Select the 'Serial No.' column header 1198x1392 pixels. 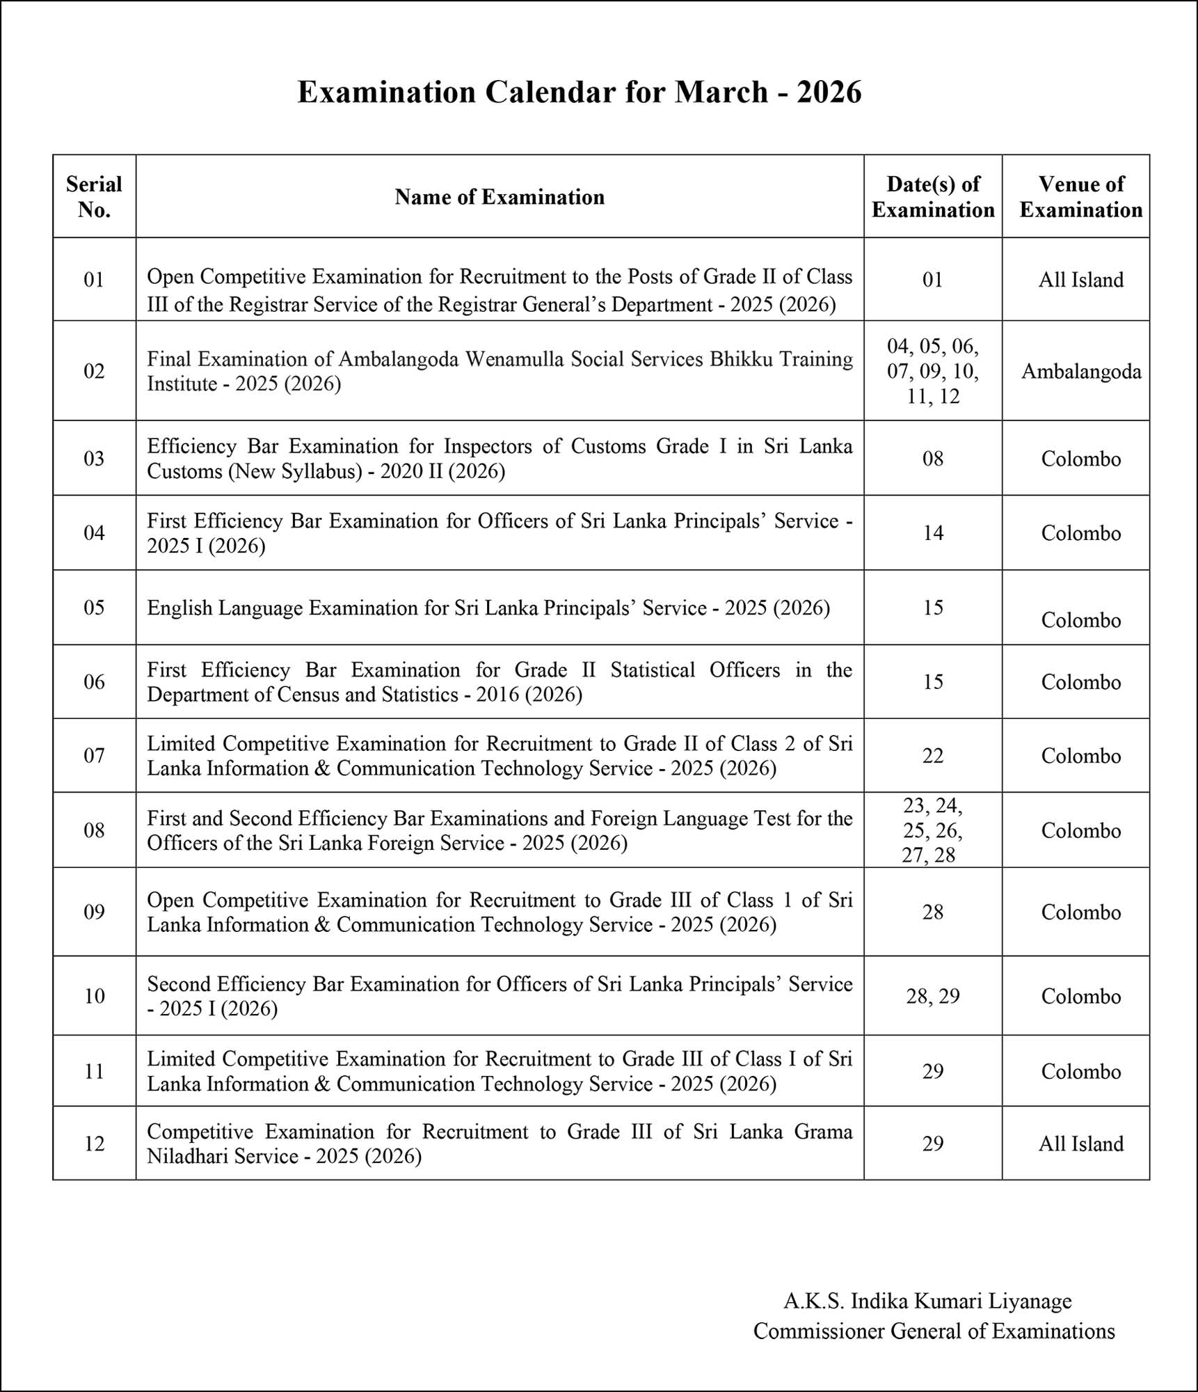(94, 197)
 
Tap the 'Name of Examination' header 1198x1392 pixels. (500, 198)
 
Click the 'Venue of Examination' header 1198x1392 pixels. (1081, 197)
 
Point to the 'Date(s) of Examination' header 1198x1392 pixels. (933, 197)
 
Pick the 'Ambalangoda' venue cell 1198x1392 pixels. (1081, 372)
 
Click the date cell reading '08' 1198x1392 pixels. (933, 459)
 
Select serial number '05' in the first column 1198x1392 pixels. (94, 608)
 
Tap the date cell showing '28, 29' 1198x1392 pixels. (933, 996)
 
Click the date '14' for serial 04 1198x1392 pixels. (933, 533)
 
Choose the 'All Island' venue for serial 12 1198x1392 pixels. (1081, 1144)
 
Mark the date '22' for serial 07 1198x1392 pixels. (933, 756)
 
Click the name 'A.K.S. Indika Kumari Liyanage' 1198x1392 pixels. (927, 1301)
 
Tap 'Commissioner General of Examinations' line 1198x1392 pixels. (934, 1331)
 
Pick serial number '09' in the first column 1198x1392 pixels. (94, 912)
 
